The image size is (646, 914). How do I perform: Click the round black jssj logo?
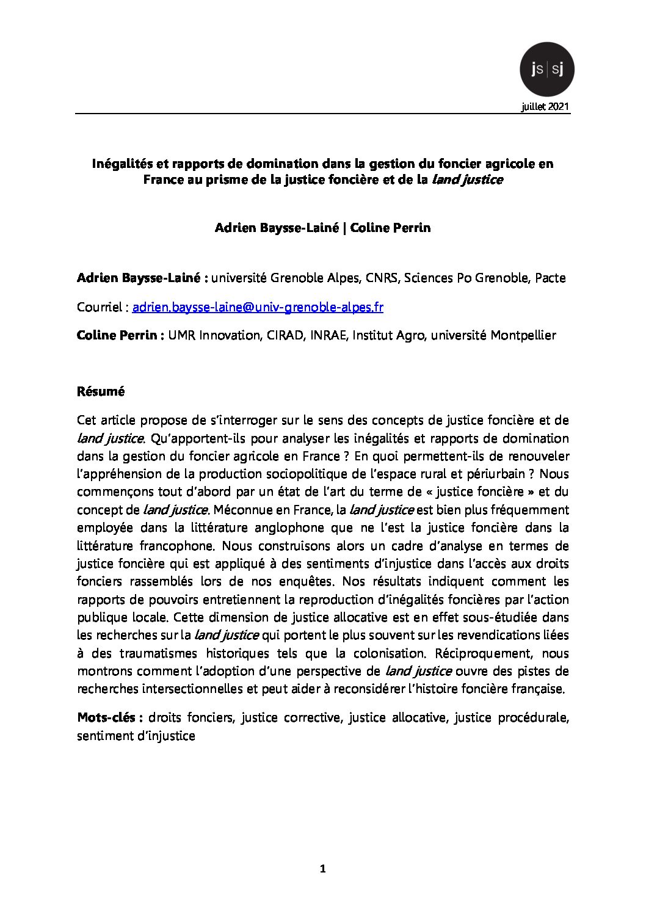coord(546,70)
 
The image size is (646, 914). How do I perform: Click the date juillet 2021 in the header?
coord(545,107)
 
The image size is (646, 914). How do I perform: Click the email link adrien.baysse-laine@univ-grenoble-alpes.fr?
coord(258,307)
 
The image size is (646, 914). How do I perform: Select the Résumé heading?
coord(101,391)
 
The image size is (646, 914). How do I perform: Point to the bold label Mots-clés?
coord(110,717)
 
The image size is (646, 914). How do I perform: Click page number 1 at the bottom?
coord(323,869)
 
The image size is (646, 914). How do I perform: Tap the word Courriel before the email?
coord(100,307)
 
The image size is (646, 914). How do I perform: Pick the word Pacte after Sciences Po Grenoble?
coord(550,278)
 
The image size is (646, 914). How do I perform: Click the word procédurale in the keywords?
coord(533,717)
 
